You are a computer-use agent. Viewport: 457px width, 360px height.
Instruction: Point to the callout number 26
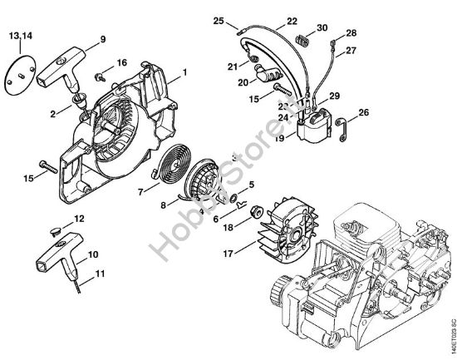pyautogui.click(x=363, y=112)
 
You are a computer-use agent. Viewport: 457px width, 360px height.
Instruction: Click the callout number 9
pyautogui.click(x=102, y=39)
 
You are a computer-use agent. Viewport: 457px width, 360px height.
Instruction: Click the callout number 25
pyautogui.click(x=242, y=19)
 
